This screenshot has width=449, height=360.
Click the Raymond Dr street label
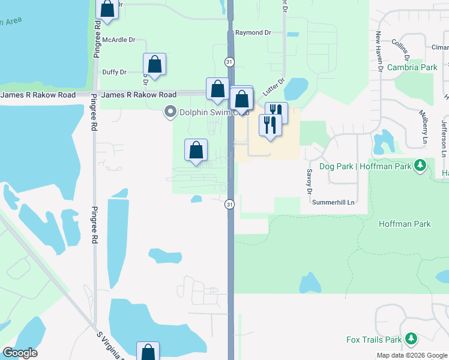pos(253,32)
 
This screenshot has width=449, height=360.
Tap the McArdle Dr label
pos(119,40)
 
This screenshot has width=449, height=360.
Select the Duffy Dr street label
pos(114,72)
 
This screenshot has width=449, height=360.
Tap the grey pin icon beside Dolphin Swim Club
pos(170,111)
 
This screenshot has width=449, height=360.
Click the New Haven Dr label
pos(380,52)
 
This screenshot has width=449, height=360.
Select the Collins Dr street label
pos(400,45)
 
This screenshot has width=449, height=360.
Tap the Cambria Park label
pos(412,68)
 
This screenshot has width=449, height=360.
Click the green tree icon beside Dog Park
pos(421,164)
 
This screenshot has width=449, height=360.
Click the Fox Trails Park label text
pos(374,340)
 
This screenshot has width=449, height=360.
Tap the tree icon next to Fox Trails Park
pos(411,339)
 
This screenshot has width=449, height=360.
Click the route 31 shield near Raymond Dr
pos(229,62)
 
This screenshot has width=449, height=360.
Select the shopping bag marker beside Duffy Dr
pos(154,65)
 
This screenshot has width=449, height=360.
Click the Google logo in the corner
pos(20,353)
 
